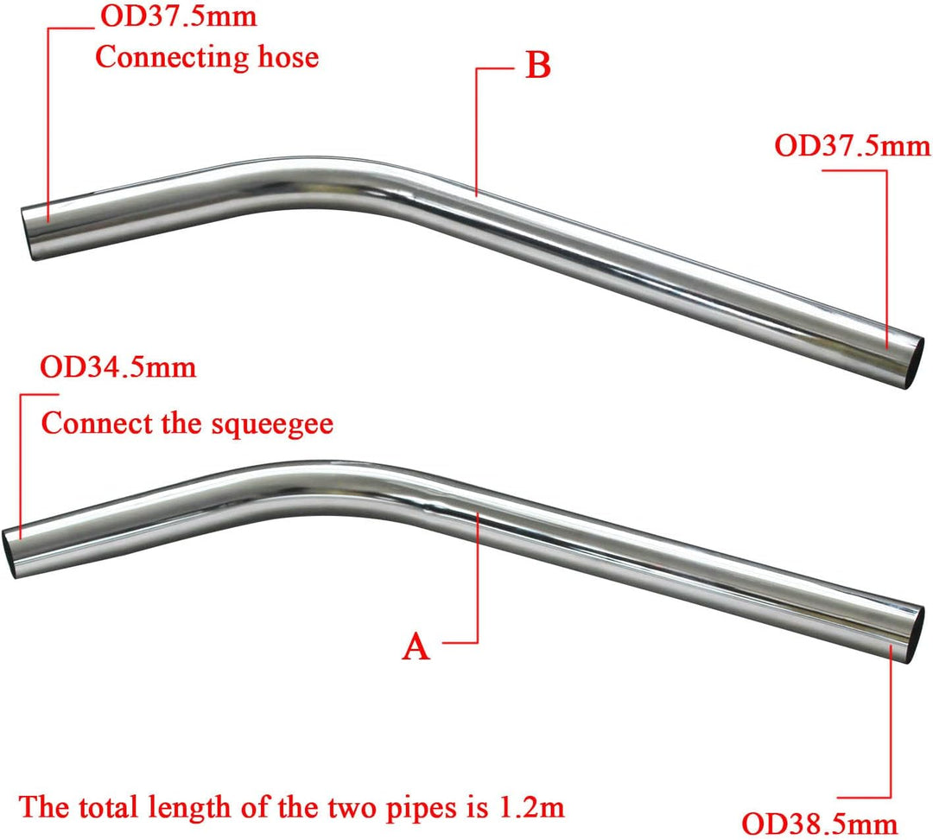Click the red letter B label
click(537, 67)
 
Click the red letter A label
click(416, 646)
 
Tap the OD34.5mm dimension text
click(118, 367)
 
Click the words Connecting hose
click(206, 57)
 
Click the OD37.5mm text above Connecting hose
click(179, 16)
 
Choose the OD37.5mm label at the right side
click(853, 144)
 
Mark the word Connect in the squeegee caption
click(97, 424)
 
